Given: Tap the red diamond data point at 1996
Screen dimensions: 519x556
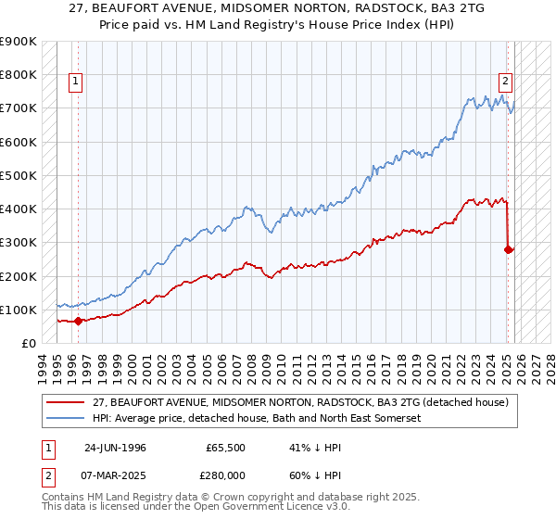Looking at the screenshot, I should click(78, 322).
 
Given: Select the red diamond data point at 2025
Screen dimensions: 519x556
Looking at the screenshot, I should click(509, 249).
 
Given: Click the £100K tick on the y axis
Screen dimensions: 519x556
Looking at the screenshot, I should click(19, 310).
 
